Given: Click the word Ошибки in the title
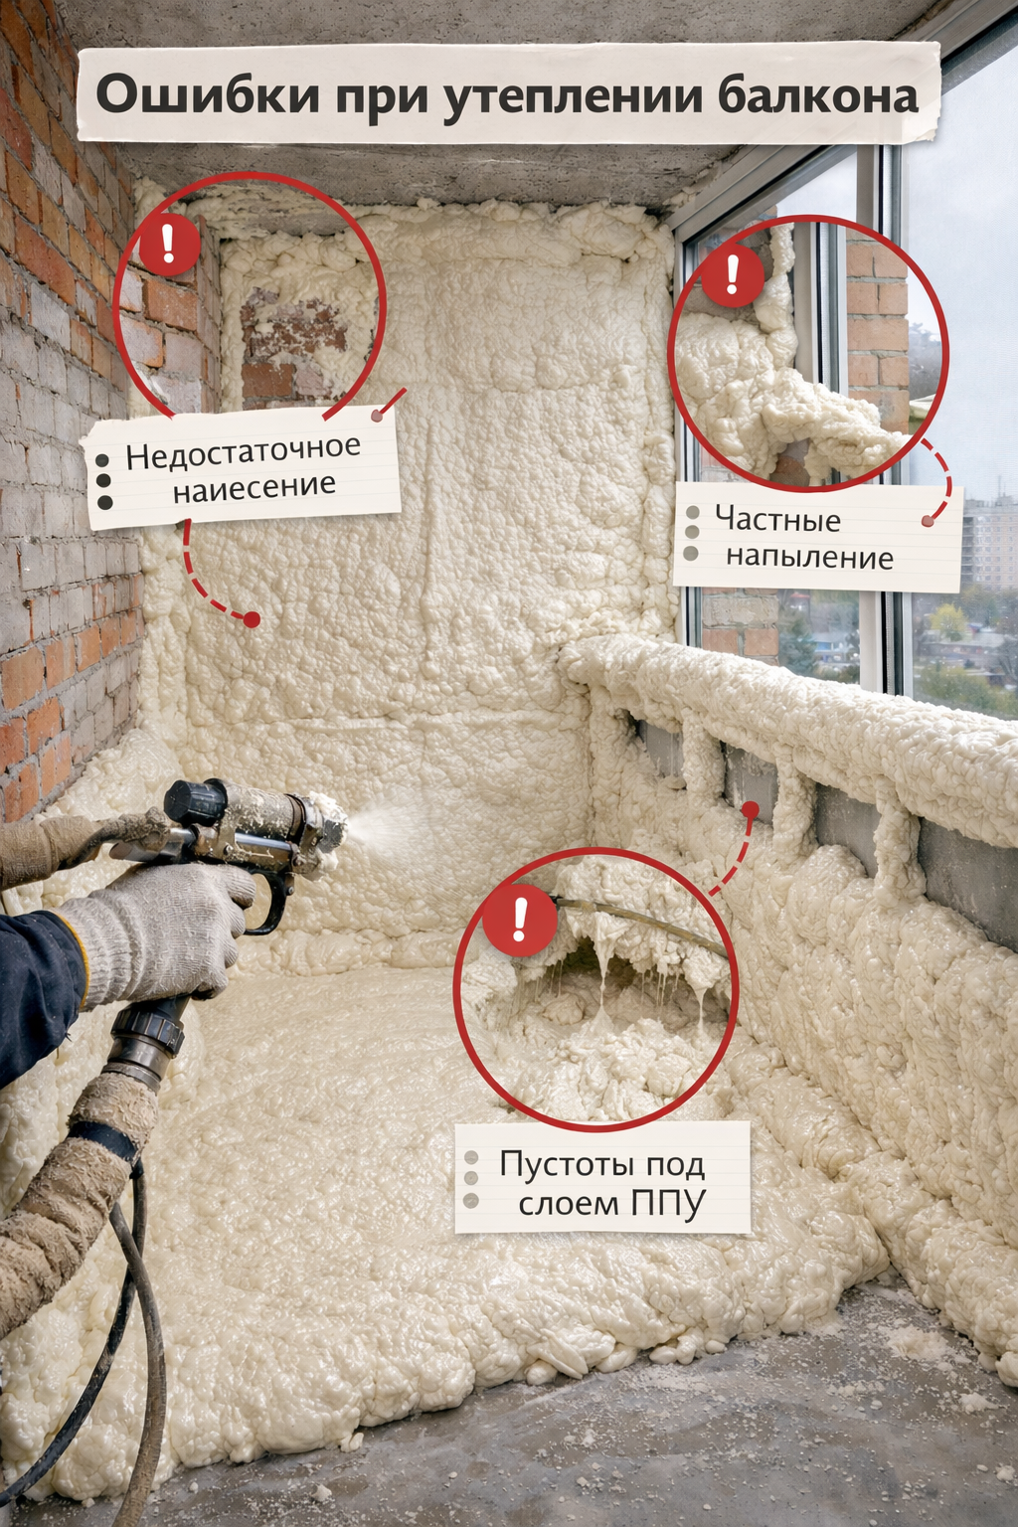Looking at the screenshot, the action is pyautogui.click(x=208, y=94).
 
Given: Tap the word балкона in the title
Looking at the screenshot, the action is pyautogui.click(x=817, y=96).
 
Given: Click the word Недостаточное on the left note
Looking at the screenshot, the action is pyautogui.click(x=243, y=450).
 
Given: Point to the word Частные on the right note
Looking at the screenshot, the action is pyautogui.click(x=777, y=520).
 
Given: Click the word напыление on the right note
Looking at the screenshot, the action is pyautogui.click(x=809, y=557).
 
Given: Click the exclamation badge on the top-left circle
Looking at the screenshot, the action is pyautogui.click(x=169, y=244).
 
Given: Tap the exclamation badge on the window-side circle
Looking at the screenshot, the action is pyautogui.click(x=733, y=274).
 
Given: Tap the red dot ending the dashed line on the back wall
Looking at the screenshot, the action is pyautogui.click(x=252, y=619).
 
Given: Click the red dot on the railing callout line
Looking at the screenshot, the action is pyautogui.click(x=750, y=809).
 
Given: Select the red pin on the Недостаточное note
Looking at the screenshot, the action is pyautogui.click(x=377, y=416).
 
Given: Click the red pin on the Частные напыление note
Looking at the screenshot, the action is pyautogui.click(x=927, y=521).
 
